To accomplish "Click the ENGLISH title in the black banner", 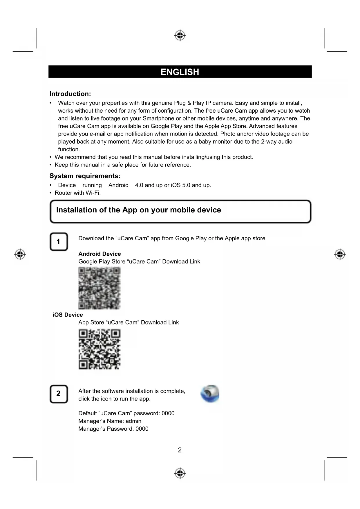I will pos(180,72).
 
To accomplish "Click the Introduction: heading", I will pos(70,94).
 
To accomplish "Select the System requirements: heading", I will pos(85,176).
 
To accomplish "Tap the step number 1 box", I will pos(59,241).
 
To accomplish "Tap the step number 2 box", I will pos(59,394).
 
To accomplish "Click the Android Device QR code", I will pos(100,288).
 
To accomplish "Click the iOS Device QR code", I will pos(100,349).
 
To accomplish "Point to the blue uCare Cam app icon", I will pos(210,394).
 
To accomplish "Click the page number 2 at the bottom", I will pos(180,450).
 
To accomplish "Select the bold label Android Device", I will pos(100,254).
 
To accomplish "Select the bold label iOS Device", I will pos(68,315).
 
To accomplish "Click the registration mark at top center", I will pos(180,35).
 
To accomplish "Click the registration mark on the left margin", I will pos(20,255).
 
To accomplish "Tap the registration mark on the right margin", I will pos(340,255).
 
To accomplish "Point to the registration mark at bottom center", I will pos(180,473).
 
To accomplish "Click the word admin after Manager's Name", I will pos(133,421).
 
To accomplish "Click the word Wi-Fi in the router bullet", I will pos(93,193).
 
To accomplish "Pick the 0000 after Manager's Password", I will pos(142,429).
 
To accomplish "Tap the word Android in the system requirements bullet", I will pos(118,185).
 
